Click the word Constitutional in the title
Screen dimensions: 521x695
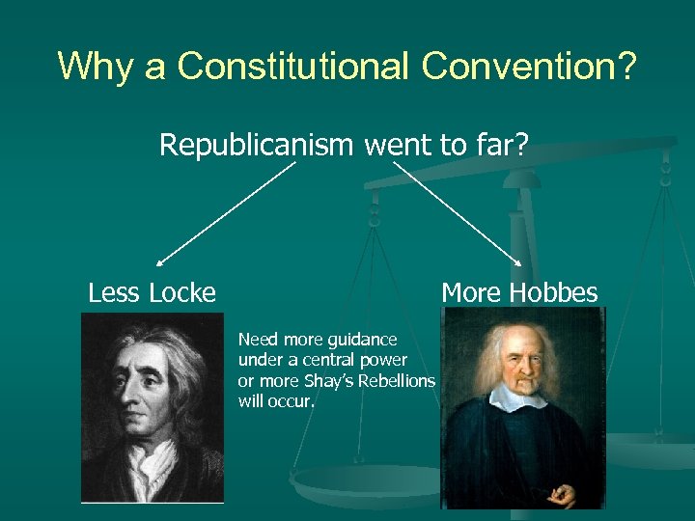pyautogui.click(x=295, y=66)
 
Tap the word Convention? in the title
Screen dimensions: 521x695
pyautogui.click(x=530, y=66)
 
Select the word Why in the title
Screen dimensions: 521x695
pyautogui.click(x=94, y=66)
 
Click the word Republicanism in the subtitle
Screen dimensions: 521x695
pyautogui.click(x=257, y=145)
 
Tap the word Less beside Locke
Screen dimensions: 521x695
pyautogui.click(x=113, y=292)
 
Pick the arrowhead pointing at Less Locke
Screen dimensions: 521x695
pyautogui.click(x=159, y=261)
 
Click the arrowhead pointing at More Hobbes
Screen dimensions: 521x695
pyautogui.click(x=522, y=262)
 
